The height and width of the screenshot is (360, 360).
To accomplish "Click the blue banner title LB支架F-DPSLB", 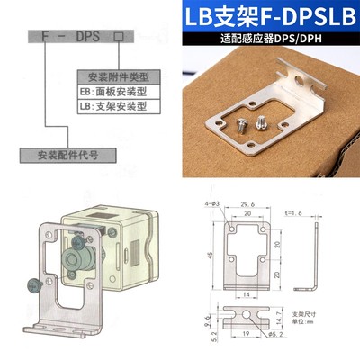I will (x=270, y=19).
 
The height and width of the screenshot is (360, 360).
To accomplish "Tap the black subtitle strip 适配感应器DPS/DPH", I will (x=270, y=40).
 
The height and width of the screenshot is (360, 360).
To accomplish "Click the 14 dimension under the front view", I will (x=245, y=293).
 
